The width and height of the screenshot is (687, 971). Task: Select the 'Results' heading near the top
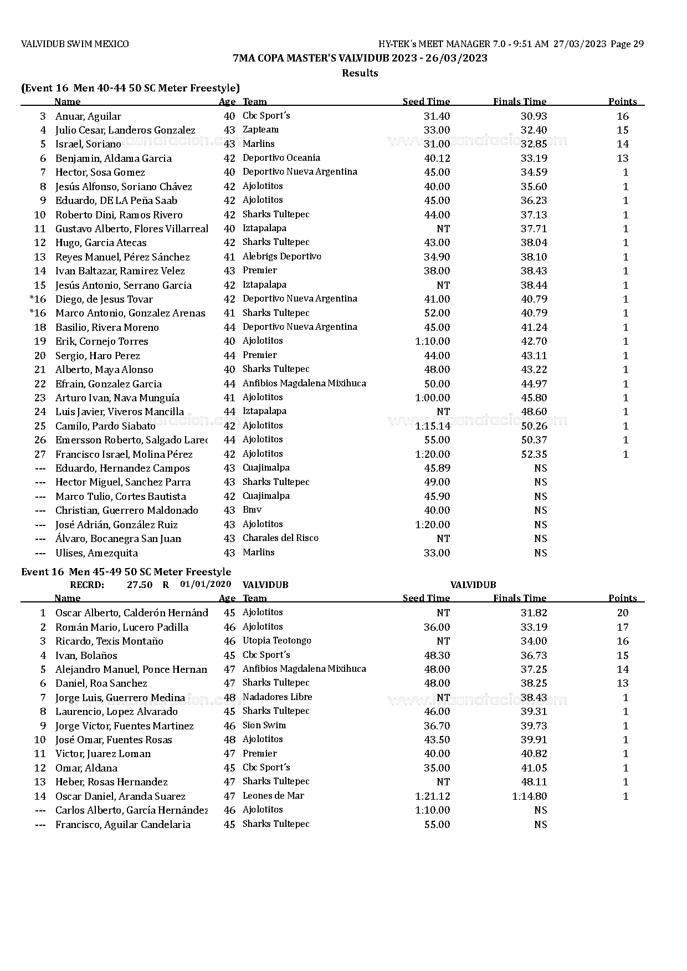[360, 73]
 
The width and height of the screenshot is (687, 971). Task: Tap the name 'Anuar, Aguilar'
[88, 116]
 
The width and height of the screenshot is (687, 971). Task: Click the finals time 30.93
[534, 116]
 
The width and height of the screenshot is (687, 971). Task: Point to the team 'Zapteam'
[260, 130]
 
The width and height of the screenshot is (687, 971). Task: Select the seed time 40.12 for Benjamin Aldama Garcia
[437, 159]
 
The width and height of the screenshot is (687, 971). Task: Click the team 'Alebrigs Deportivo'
[281, 257]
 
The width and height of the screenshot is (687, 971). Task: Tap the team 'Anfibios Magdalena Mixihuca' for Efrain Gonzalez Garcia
[304, 384]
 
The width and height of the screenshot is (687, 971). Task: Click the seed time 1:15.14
[433, 426]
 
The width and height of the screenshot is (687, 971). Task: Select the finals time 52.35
[534, 454]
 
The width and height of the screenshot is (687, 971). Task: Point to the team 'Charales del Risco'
[280, 538]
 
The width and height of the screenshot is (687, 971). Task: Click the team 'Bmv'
[252, 510]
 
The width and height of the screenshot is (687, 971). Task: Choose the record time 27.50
[140, 585]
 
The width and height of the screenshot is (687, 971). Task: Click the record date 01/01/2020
[206, 584]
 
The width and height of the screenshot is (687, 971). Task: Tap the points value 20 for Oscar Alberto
[623, 613]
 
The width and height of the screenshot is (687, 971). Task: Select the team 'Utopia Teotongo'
[276, 641]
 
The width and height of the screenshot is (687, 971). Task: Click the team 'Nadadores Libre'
[277, 697]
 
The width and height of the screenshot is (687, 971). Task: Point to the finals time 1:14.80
[529, 796]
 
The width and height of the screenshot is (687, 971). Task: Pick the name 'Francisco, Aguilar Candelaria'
[122, 825]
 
